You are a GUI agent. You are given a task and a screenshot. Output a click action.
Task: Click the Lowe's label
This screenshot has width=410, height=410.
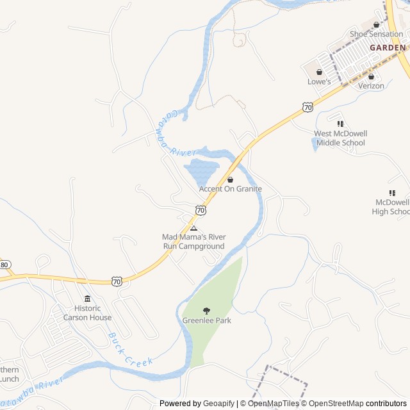(319, 82)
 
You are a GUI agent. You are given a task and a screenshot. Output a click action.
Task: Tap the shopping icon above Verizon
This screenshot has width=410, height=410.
(371, 77)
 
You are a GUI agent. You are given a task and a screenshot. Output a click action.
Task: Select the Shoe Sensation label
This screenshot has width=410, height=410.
(376, 34)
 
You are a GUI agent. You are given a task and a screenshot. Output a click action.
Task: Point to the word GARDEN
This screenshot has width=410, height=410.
(388, 47)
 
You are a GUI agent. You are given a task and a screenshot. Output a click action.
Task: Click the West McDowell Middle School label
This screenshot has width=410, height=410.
(340, 138)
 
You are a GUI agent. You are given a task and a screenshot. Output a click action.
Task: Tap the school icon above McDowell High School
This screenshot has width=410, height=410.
(392, 193)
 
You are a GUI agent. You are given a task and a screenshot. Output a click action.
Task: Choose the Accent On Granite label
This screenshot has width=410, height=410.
(231, 189)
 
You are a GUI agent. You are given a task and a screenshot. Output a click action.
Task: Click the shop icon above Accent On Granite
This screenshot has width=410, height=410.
(231, 180)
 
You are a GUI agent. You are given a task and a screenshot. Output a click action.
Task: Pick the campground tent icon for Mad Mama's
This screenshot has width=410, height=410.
(193, 228)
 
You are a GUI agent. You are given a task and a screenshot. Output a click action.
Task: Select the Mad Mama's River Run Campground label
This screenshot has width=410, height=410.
(193, 242)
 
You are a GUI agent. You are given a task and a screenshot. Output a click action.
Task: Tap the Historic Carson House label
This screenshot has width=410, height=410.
(88, 313)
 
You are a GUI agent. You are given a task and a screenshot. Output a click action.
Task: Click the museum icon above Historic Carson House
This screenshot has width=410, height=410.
(88, 299)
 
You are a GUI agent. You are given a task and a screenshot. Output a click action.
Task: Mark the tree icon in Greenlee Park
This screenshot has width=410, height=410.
(206, 311)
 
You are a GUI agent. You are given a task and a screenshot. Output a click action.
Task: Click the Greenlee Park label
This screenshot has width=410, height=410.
(206, 320)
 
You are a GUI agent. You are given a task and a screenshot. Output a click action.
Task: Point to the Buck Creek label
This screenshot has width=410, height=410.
(130, 349)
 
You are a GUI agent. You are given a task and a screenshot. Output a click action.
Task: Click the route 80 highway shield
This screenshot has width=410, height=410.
(5, 265)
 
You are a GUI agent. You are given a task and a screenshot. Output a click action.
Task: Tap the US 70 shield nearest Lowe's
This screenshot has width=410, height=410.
(308, 107)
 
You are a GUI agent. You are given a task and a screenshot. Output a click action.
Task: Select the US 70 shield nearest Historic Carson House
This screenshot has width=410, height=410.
(117, 281)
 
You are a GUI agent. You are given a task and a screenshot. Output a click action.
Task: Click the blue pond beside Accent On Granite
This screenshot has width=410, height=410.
(202, 171)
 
